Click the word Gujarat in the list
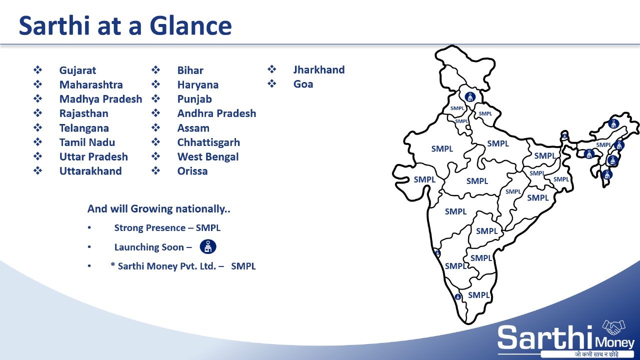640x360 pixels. (x=77, y=70)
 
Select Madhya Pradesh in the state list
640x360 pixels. (x=100, y=99)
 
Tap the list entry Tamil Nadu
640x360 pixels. (x=87, y=142)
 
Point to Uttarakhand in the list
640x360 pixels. (x=90, y=171)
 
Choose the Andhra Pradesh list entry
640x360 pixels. (x=216, y=113)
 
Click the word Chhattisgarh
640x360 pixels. (x=208, y=142)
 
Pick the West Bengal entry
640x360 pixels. (x=207, y=157)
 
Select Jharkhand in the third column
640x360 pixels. (x=319, y=69)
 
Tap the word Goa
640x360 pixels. (x=303, y=84)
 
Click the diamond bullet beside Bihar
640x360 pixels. (x=155, y=69)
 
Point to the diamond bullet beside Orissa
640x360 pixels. (x=155, y=170)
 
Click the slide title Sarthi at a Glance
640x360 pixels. (x=125, y=25)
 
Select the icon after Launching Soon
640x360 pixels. (x=208, y=246)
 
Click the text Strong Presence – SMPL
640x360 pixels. (x=167, y=227)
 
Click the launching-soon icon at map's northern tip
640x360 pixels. (x=470, y=97)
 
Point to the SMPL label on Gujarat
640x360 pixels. (x=424, y=179)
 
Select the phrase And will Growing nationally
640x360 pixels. (x=158, y=209)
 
